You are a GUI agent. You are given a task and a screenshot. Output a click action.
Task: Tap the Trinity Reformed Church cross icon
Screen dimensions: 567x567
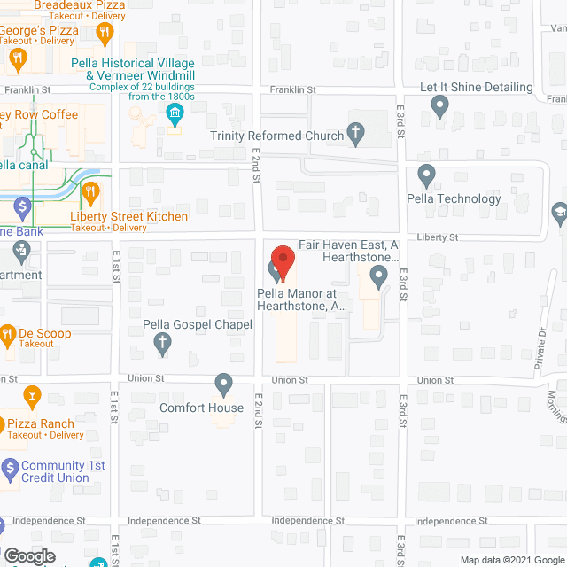356,134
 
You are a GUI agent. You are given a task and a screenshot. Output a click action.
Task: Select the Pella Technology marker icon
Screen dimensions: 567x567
426,175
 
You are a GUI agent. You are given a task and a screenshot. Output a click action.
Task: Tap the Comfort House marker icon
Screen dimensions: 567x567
224,384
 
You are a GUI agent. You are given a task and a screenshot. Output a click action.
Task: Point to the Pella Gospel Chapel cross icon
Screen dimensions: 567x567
162,344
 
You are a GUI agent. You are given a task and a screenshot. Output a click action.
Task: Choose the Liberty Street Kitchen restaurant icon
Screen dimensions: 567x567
89,192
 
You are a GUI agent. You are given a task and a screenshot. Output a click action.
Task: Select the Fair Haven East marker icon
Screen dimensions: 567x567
380,278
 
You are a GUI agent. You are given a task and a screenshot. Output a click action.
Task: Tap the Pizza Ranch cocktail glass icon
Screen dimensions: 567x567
31,394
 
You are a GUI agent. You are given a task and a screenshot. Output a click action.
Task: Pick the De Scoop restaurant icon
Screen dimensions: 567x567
8,334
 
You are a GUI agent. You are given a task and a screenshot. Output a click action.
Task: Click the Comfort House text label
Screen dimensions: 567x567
201,408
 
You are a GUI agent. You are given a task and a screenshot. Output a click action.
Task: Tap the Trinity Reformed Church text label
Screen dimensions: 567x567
276,136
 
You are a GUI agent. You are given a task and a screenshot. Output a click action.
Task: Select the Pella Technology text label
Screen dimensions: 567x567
454,198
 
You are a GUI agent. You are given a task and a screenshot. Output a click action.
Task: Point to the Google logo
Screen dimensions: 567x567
28,556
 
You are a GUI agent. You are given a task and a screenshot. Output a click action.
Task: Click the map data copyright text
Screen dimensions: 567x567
511,560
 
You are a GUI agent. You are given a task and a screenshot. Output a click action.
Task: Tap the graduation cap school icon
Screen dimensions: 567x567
559,214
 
